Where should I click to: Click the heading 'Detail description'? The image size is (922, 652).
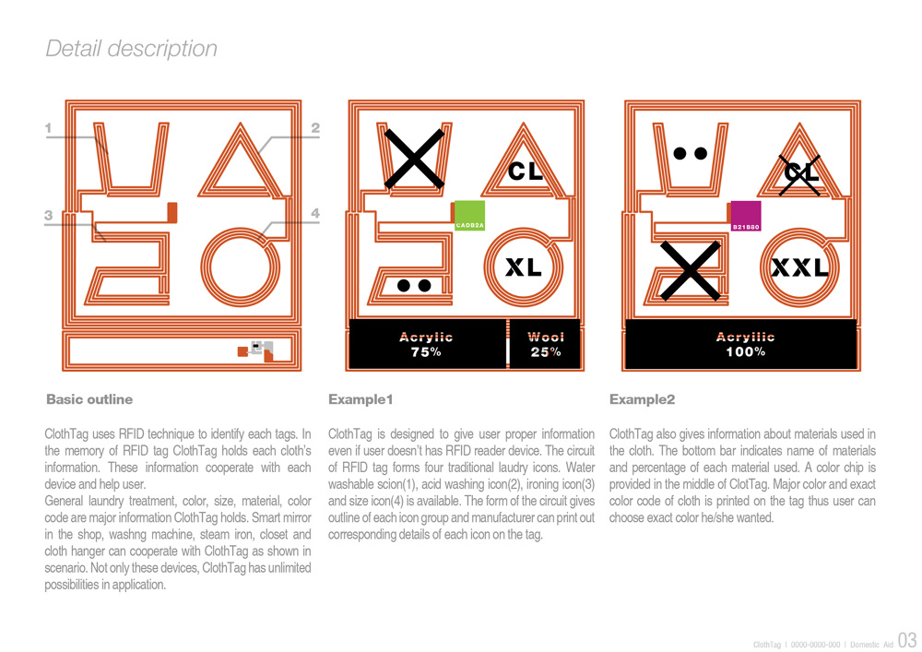pos(132,49)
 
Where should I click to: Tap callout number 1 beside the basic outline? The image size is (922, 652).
pos(48,130)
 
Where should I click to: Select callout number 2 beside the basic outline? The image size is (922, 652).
pos(315,129)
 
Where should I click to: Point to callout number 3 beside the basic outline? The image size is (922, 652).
pos(48,215)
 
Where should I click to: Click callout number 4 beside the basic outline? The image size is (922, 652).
pos(315,214)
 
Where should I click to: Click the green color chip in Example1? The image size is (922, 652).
pos(469,215)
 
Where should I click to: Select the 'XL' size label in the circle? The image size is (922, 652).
pos(523,268)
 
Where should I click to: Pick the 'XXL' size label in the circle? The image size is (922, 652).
pos(799,268)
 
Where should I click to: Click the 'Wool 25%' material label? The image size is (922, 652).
pos(546,344)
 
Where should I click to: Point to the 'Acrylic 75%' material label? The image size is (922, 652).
pos(426,344)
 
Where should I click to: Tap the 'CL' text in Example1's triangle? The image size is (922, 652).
pos(526,171)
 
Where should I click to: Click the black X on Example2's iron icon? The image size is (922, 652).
pos(690,269)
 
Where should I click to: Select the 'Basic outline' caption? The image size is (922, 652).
pos(89,399)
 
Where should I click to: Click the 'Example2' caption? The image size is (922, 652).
pos(642,399)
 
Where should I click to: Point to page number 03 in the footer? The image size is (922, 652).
pos(906,640)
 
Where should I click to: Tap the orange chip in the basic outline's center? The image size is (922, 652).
pos(171,211)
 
